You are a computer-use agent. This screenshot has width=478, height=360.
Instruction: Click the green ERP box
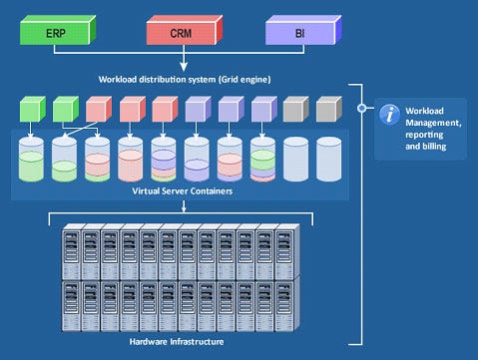58,30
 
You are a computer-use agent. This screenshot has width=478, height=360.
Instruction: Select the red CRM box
185,30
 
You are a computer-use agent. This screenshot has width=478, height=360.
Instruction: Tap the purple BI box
303,30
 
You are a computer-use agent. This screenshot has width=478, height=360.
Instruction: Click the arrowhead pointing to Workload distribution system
184,67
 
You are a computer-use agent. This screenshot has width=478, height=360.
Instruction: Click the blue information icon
389,115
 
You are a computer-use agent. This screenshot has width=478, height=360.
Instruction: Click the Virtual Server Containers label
183,191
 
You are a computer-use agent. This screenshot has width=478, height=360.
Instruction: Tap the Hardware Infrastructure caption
177,342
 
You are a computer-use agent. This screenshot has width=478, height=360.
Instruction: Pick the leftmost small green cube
33,109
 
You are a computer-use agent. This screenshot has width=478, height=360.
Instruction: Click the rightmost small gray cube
329,109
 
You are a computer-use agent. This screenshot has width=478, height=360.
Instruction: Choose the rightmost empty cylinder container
329,160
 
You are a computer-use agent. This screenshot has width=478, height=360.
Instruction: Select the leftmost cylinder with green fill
31,160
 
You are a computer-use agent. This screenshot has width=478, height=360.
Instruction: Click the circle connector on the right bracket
362,108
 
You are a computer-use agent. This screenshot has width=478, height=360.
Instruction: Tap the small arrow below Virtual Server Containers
184,206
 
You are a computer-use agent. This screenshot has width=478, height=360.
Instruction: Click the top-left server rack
72,252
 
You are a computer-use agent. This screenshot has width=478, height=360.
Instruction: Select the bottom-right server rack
285,304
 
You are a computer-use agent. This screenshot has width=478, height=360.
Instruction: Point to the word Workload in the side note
424,111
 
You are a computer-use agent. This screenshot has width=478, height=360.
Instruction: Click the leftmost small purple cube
198,109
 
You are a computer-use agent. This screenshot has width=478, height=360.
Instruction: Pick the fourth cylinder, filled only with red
131,160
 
